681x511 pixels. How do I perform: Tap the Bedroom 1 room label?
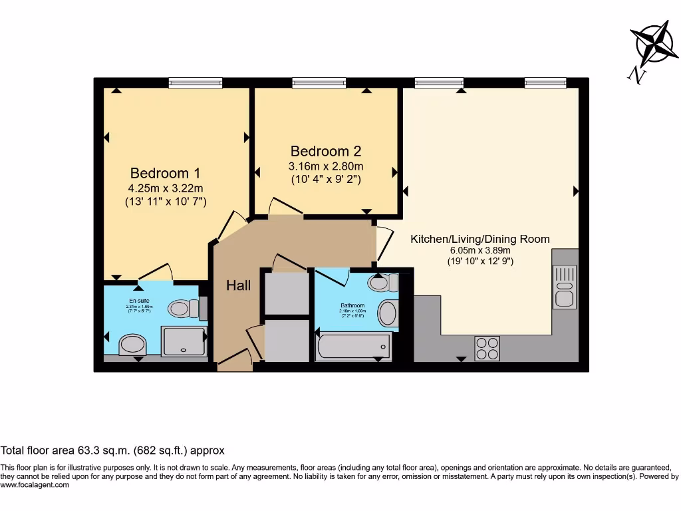[165, 172]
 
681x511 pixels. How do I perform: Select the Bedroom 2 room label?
[325, 150]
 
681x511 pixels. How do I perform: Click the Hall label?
[238, 285]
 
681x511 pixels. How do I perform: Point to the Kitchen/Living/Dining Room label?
[479, 239]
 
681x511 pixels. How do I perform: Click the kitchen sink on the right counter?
[565, 286]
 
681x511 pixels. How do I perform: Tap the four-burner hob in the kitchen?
[487, 348]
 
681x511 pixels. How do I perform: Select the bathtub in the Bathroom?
[353, 347]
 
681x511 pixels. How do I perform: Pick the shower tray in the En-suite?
[184, 341]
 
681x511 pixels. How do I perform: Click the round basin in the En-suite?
[132, 345]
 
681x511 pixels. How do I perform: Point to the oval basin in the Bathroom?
[388, 312]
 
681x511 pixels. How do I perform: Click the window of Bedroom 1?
[195, 83]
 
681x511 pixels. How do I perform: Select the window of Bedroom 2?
[319, 83]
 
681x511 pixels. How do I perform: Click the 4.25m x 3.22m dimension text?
[165, 188]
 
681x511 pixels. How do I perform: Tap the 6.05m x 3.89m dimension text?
[479, 251]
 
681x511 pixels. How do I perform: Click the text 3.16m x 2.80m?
[325, 166]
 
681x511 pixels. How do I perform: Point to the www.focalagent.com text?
[35, 485]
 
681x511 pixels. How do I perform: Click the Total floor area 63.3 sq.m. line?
[112, 450]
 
